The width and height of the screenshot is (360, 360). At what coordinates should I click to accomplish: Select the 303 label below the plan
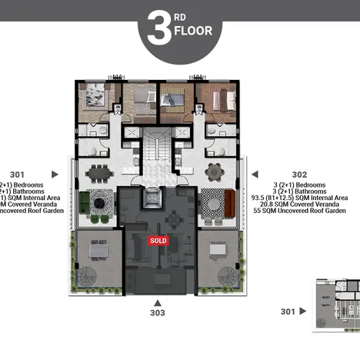tap(157, 312)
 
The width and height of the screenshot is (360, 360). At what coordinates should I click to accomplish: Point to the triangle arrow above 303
tap(157, 302)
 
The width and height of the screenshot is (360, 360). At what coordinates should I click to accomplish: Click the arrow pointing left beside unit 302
tap(255, 175)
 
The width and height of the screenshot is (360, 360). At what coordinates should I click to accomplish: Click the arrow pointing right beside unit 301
tap(53, 175)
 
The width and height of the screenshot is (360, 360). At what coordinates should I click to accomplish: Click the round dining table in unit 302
tap(216, 171)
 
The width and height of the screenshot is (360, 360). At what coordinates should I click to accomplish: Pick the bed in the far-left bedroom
tap(96, 96)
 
